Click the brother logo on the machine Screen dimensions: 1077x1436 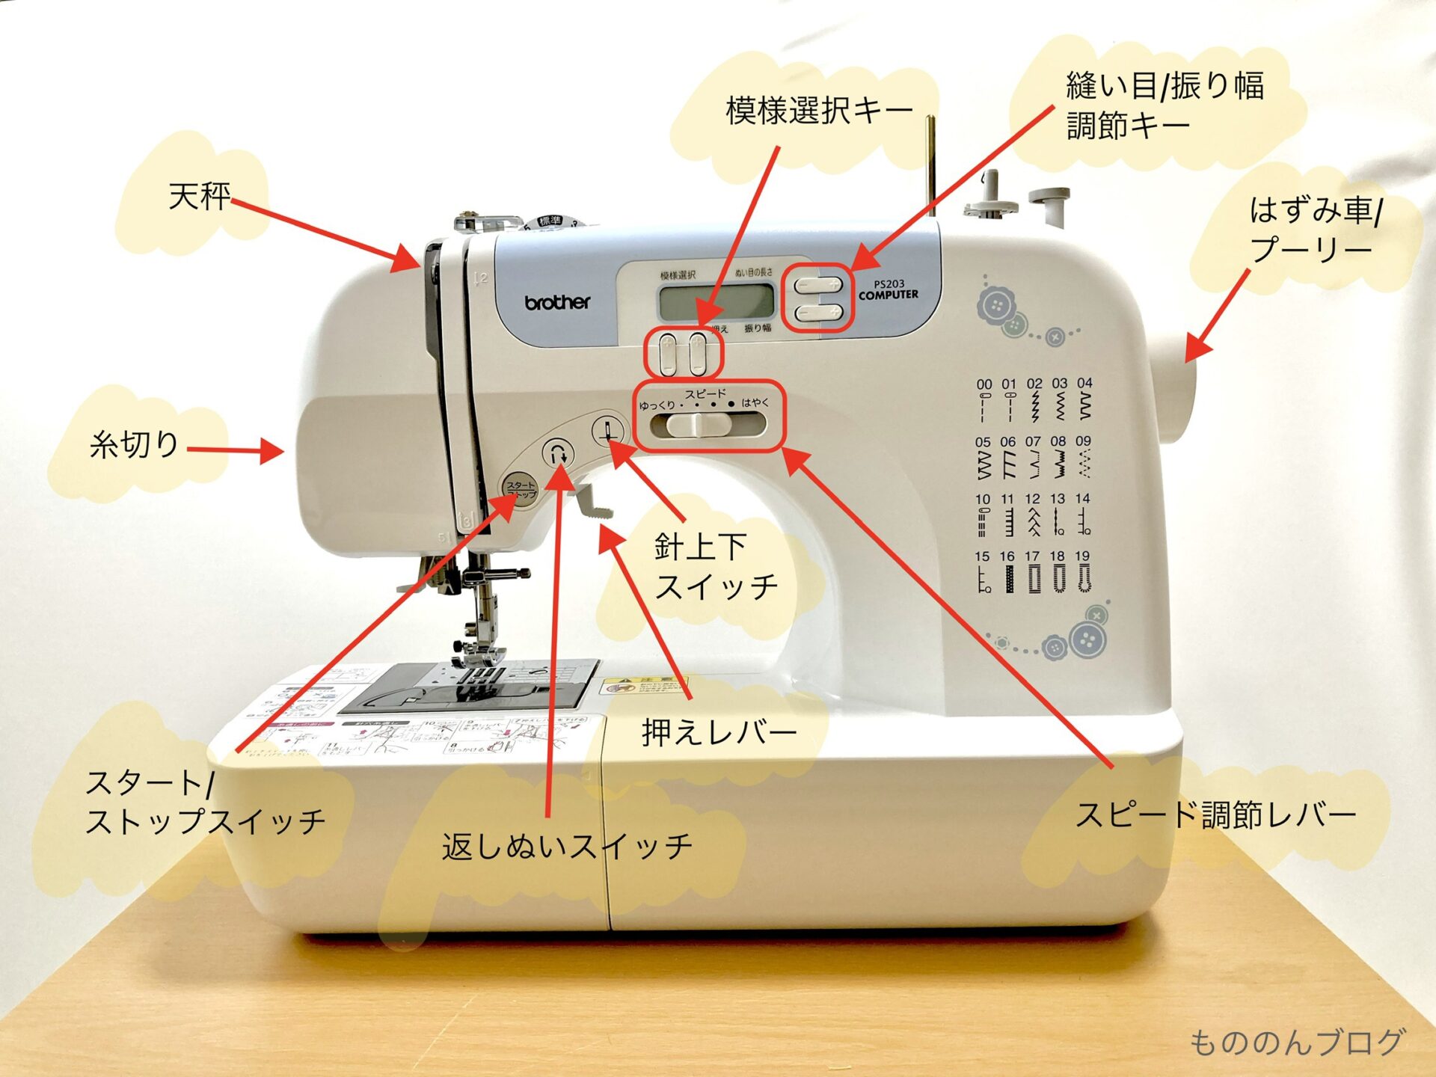pyautogui.click(x=557, y=302)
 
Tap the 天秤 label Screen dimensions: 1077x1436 pyautogui.click(x=199, y=197)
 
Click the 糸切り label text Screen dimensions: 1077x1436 pyautogui.click(x=134, y=444)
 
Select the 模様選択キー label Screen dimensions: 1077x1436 pyautogui.click(x=819, y=111)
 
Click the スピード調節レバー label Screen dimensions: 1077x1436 pyautogui.click(x=1215, y=814)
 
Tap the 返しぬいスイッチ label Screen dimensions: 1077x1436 pyautogui.click(x=567, y=846)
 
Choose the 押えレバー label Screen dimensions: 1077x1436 pyautogui.click(x=719, y=732)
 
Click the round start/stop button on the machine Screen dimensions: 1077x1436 pyautogui.click(x=521, y=490)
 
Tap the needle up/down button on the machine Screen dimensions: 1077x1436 pyautogui.click(x=608, y=432)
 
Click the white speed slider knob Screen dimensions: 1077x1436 pyautogui.click(x=697, y=425)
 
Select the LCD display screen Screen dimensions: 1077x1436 pyautogui.click(x=716, y=302)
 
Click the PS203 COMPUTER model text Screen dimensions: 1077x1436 pyautogui.click(x=889, y=289)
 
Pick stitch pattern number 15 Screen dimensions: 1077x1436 pyautogui.click(x=983, y=572)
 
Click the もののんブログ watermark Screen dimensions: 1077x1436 pyautogui.click(x=1296, y=1042)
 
